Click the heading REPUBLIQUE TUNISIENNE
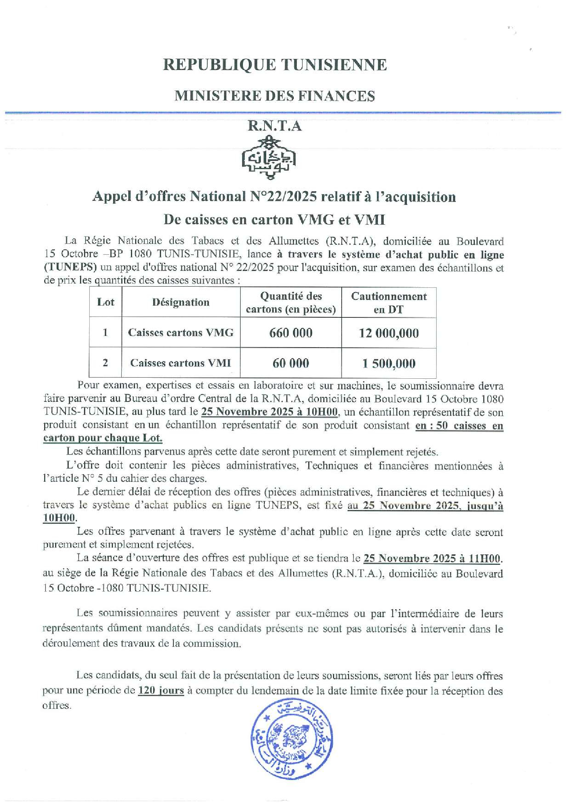274,65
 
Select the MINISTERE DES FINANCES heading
274,96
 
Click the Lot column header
106,302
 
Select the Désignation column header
181,302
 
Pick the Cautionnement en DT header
388,303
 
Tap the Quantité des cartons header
291,303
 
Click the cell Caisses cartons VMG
181,333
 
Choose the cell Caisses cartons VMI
181,363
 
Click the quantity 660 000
291,333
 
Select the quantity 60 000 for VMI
291,363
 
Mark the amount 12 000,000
388,333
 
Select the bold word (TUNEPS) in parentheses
70,267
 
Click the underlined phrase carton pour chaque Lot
103,438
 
